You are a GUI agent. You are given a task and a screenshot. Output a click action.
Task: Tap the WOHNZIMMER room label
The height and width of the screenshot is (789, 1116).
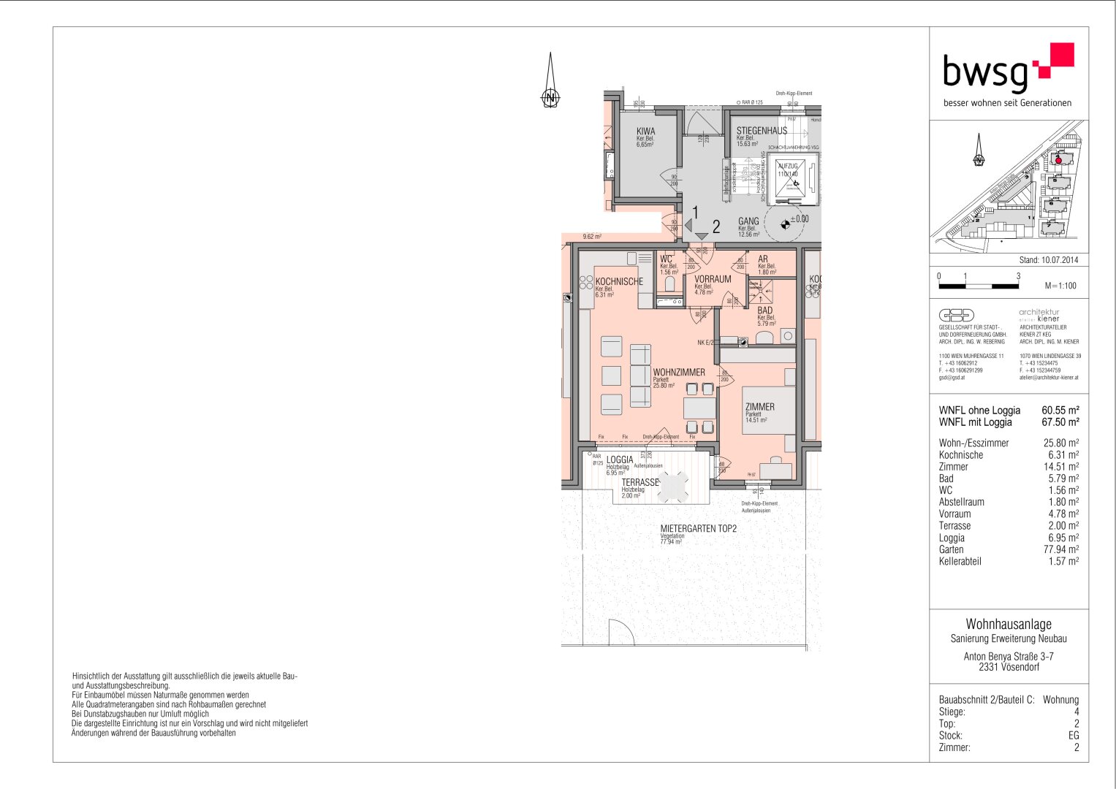[678, 373]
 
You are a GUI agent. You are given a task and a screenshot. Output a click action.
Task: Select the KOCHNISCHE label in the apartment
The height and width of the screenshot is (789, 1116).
[619, 282]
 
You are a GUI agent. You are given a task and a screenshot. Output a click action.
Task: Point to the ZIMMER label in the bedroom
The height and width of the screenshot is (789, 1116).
[759, 407]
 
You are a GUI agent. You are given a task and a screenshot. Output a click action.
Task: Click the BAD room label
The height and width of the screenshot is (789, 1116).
[764, 310]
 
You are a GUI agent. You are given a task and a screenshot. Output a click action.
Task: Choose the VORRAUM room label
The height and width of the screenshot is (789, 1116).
[713, 279]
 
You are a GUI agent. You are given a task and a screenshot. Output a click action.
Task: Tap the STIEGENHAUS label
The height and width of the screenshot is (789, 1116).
[762, 131]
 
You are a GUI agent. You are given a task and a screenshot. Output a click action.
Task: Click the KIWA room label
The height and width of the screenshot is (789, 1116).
[645, 131]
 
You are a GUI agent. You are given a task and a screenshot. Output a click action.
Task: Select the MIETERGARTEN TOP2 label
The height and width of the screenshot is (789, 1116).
[698, 528]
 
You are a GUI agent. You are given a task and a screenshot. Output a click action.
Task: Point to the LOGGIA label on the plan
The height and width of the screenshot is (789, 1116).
[620, 460]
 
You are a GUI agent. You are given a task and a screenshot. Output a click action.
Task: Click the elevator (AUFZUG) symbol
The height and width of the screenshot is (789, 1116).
[790, 178]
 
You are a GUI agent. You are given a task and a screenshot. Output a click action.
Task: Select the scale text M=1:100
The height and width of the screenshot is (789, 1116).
[1060, 286]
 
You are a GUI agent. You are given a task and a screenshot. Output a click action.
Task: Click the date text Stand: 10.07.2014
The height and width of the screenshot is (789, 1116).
[1048, 260]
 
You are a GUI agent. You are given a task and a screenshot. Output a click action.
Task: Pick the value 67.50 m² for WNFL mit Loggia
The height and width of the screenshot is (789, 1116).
[1060, 422]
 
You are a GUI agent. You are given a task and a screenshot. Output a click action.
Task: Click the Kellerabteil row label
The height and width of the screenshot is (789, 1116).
[960, 562]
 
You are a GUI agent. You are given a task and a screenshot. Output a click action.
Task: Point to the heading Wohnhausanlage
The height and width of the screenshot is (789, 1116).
[1009, 624]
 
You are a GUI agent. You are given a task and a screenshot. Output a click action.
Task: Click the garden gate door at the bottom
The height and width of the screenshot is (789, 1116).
[620, 633]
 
